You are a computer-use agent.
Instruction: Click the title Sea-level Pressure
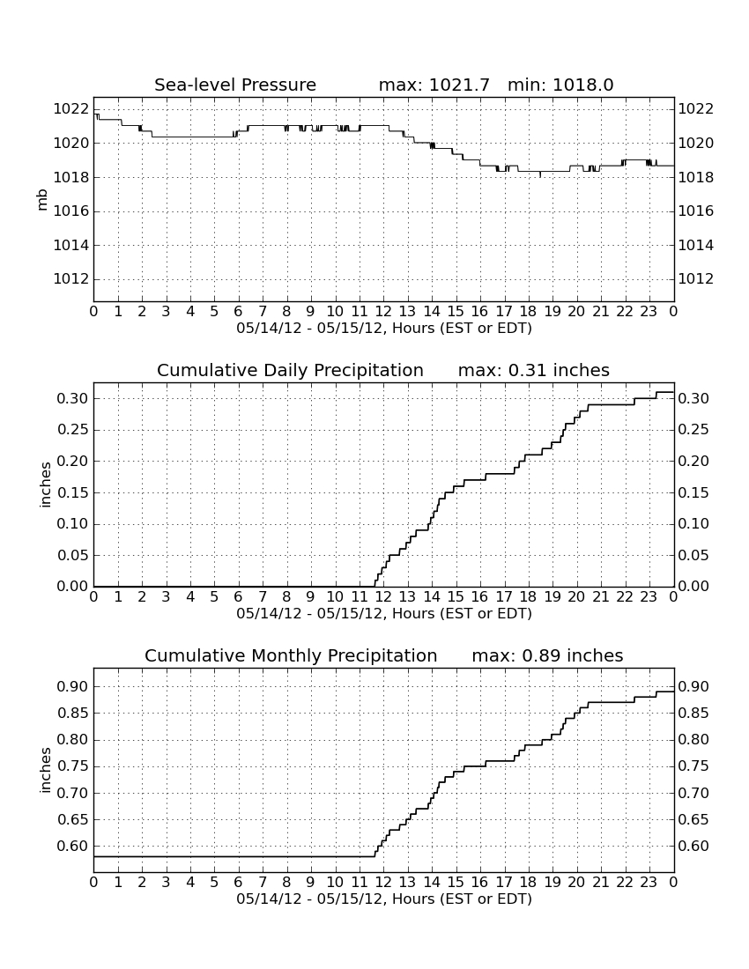[x=235, y=85]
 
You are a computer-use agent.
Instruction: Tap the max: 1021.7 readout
[x=434, y=85]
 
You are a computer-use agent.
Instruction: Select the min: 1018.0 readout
[x=560, y=85]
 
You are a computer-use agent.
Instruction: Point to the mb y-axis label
[x=42, y=200]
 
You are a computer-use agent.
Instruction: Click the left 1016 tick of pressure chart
[x=71, y=211]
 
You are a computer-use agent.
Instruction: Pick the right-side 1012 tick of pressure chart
[x=696, y=279]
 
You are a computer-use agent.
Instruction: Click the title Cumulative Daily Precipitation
[x=290, y=370]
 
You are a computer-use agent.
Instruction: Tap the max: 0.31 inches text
[x=534, y=370]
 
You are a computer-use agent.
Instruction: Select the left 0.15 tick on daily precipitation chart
[x=73, y=493]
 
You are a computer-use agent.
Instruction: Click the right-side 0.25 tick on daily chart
[x=694, y=430]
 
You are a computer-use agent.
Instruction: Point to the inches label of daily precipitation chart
[x=44, y=484]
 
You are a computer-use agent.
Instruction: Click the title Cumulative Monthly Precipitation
[x=291, y=655]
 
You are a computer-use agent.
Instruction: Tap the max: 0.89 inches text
[x=547, y=655]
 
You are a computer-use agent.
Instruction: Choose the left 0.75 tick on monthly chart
[x=73, y=767]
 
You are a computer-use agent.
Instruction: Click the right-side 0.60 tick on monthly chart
[x=694, y=846]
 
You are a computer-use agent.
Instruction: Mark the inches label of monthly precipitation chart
[x=44, y=770]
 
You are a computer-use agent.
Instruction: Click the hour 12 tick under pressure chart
[x=383, y=312]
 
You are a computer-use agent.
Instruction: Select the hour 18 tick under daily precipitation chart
[x=529, y=597]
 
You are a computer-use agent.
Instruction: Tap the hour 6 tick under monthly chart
[x=239, y=883]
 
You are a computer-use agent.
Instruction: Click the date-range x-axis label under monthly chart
[x=384, y=899]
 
